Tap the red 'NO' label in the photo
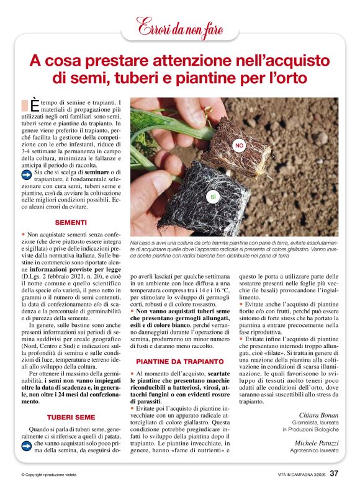point(239,145)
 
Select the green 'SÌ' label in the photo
point(212,197)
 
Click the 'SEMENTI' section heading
point(71,222)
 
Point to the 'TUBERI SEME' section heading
point(71,417)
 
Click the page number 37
point(333,473)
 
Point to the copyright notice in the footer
point(48,475)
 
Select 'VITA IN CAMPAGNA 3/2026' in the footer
point(302,475)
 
